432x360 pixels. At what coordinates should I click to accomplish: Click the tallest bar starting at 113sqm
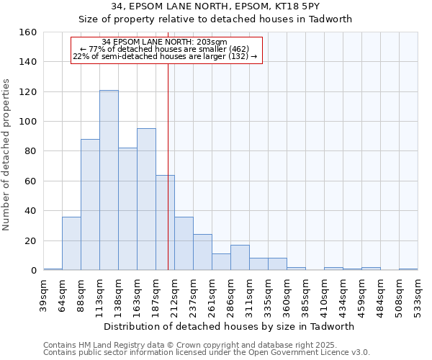coord(109,180)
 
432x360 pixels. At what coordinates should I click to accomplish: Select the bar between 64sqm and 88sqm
coord(71,243)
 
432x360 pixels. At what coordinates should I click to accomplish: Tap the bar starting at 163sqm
coord(146,199)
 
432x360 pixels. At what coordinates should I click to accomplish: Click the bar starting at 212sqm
coord(184,243)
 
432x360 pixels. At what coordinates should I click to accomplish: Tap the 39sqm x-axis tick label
coord(44,294)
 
